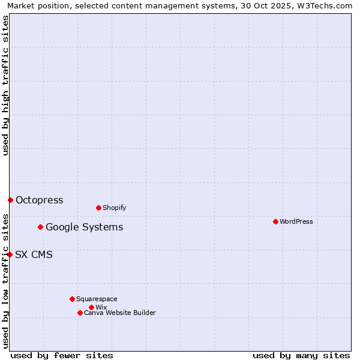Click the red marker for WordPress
click(275, 221)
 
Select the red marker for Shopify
click(98, 208)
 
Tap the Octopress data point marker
click(10, 200)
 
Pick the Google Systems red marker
click(40, 227)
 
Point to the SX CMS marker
click(10, 254)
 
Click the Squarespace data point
click(72, 299)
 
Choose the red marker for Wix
click(91, 307)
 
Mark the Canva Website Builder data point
click(80, 313)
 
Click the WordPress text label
click(296, 221)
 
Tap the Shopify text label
click(114, 208)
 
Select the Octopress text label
click(39, 200)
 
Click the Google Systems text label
click(84, 227)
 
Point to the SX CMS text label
click(34, 254)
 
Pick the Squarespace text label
click(97, 299)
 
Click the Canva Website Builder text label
click(119, 313)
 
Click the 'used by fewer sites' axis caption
click(62, 355)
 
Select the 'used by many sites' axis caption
click(301, 355)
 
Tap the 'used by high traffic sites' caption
click(5, 85)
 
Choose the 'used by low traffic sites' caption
click(5, 280)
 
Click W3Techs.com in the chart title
click(326, 5)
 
